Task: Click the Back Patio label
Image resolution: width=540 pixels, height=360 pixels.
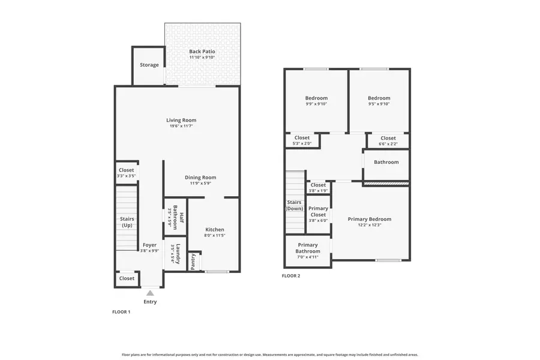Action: click(x=202, y=52)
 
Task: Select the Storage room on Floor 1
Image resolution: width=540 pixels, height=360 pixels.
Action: click(x=149, y=65)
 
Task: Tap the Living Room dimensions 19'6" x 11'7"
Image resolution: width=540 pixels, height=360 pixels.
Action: click(x=181, y=126)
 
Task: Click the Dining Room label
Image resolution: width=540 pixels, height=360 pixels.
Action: click(x=200, y=177)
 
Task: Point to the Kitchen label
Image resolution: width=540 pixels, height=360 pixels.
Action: click(x=214, y=230)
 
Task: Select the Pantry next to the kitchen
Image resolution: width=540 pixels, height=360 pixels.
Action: click(x=193, y=261)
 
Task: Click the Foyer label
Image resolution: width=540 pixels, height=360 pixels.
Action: click(x=149, y=245)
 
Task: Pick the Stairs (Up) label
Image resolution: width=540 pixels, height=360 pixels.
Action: click(x=127, y=222)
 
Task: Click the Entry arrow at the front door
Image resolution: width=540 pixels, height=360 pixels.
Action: click(x=149, y=293)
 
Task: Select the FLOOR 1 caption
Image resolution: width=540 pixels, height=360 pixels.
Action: click(x=121, y=312)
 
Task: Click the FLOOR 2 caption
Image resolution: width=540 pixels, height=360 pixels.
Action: click(x=291, y=276)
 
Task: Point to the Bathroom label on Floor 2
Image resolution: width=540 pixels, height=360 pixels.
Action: click(x=386, y=162)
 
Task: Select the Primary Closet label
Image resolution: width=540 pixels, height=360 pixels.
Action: click(x=318, y=211)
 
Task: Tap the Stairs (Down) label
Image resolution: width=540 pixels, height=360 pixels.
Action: click(x=295, y=205)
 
